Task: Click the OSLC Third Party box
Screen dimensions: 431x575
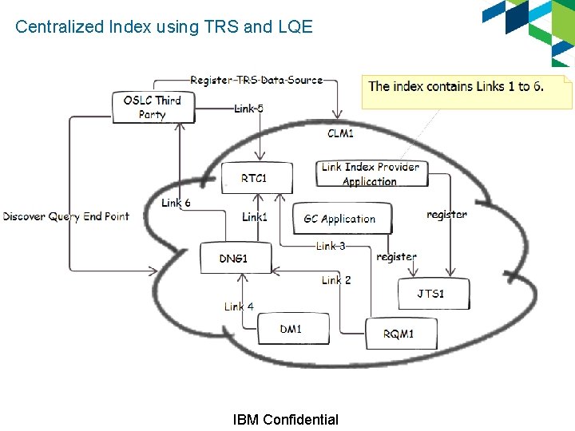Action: (x=153, y=107)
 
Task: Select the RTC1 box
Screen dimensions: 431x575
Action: (x=255, y=177)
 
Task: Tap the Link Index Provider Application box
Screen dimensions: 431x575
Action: (x=370, y=174)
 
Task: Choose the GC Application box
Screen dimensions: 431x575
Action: (x=339, y=218)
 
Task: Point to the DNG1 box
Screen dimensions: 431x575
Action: (x=235, y=258)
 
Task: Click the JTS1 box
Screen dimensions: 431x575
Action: (x=432, y=294)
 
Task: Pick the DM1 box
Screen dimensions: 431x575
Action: (x=292, y=328)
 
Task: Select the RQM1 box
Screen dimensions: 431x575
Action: (x=400, y=333)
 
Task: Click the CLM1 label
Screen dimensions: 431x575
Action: (x=341, y=132)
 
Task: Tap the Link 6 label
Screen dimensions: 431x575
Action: (x=176, y=203)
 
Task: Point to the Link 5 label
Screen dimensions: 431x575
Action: (x=249, y=108)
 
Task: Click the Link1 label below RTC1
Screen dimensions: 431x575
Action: (x=255, y=216)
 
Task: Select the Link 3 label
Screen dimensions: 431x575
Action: (x=331, y=246)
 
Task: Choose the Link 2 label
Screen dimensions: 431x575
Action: (x=336, y=279)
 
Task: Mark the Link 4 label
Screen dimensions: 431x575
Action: (x=239, y=306)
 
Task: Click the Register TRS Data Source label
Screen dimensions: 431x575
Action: (x=256, y=80)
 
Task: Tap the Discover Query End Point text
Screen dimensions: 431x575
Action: (x=65, y=216)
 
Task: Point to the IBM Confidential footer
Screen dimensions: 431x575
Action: (x=285, y=420)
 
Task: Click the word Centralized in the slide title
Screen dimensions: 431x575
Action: (x=59, y=26)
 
